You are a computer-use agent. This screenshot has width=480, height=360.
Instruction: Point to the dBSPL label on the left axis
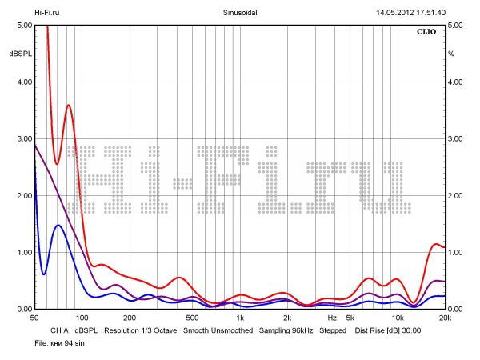(19, 54)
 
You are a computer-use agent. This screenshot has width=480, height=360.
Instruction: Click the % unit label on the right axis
(451, 54)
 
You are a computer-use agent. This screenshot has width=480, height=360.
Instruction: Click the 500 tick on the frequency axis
(192, 318)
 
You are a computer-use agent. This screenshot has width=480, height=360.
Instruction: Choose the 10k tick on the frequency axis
(397, 318)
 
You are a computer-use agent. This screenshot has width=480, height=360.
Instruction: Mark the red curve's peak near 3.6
(69, 105)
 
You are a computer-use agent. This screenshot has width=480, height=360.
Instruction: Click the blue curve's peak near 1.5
(58, 225)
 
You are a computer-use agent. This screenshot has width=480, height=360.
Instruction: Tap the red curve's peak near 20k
(437, 244)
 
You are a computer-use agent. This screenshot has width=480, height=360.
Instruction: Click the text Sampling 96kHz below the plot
(286, 330)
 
